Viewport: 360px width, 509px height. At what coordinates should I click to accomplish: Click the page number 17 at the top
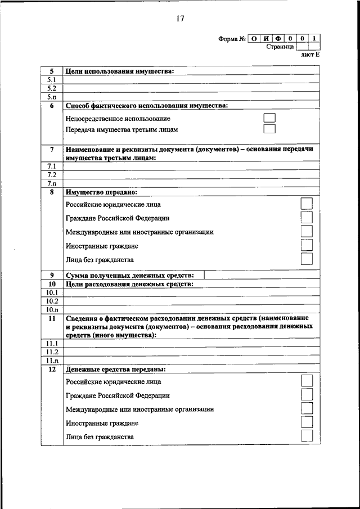180,19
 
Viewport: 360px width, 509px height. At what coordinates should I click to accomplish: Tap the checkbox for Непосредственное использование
270,118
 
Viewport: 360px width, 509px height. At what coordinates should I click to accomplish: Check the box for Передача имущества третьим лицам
270,129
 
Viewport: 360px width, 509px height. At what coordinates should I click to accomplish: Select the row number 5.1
51,80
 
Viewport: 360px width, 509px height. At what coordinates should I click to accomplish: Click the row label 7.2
51,175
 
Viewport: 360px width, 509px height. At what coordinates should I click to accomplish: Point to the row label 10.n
51,309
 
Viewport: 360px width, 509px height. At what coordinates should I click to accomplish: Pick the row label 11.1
51,343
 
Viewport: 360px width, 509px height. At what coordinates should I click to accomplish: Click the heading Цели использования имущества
120,71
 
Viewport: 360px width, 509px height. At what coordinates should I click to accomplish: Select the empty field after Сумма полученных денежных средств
262,275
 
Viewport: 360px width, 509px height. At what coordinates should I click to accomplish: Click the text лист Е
310,55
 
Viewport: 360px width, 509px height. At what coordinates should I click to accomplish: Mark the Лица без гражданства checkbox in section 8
307,259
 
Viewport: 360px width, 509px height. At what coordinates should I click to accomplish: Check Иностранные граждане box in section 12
307,422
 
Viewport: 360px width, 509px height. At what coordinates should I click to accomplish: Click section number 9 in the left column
51,275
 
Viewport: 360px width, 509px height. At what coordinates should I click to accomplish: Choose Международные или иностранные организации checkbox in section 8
307,231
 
